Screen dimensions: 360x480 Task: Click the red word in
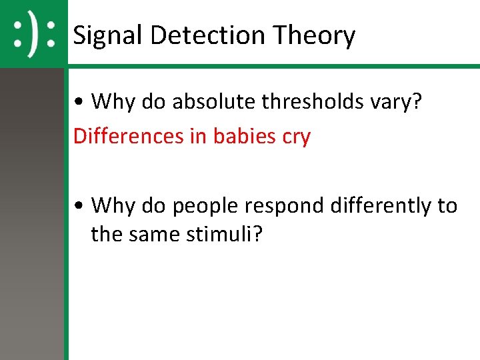tap(198, 137)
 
